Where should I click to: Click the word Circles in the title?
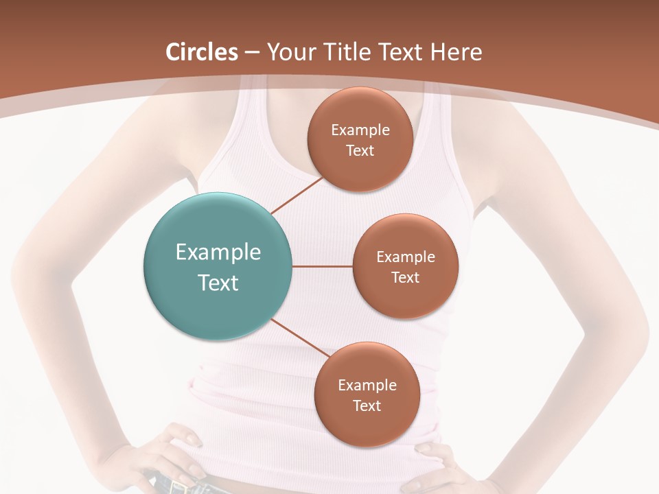tap(201, 51)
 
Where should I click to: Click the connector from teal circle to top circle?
tap(297, 195)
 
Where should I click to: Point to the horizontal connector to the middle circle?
tap(323, 266)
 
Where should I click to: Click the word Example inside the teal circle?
tap(218, 252)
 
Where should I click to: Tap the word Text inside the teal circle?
tap(218, 283)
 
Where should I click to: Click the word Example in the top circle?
tap(360, 130)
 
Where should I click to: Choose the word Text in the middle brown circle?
tap(405, 277)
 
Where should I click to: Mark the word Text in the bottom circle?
tap(367, 405)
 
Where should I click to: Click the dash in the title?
tap(252, 52)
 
